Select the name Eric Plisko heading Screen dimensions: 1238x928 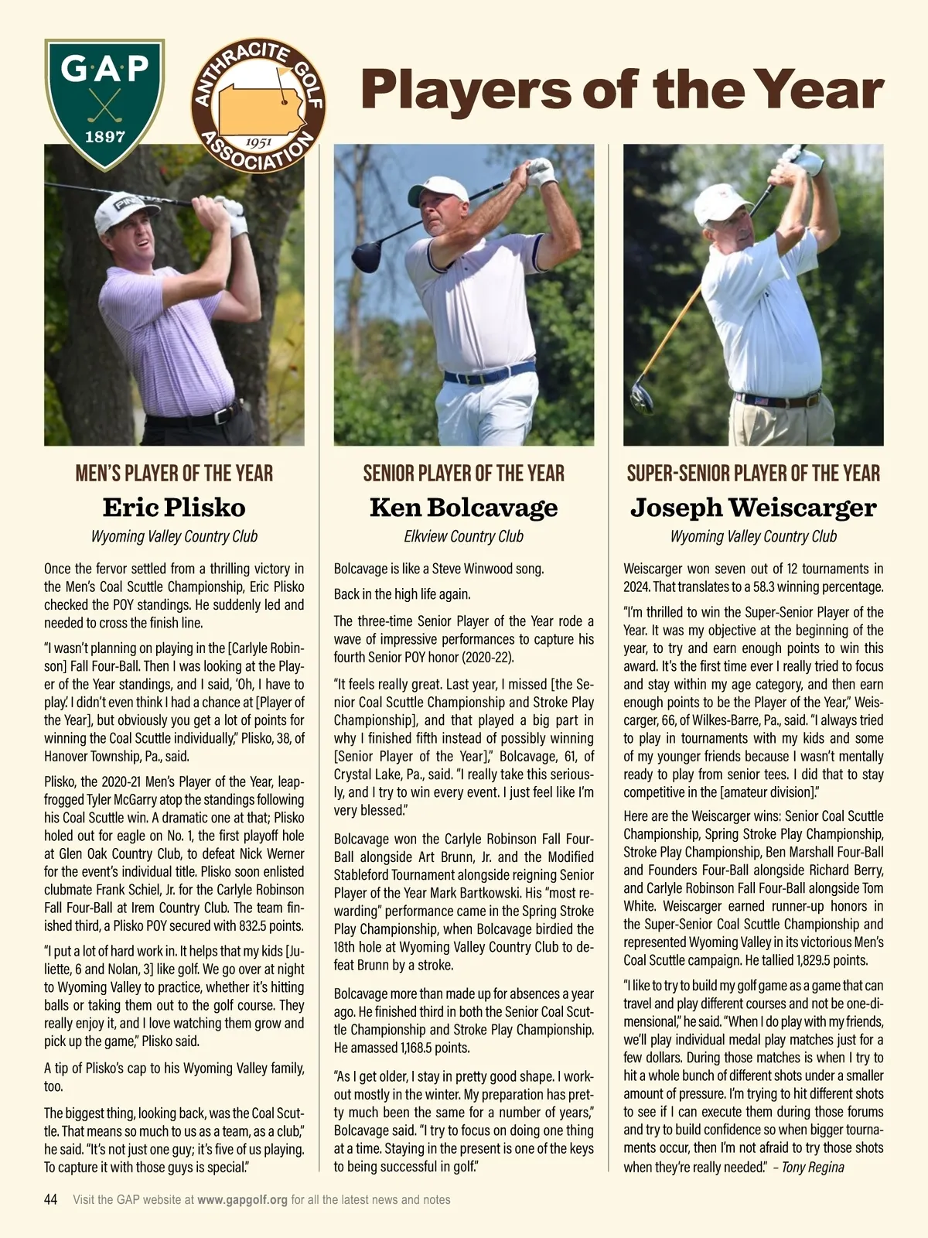tap(174, 508)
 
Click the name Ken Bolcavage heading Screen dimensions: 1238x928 tap(463, 508)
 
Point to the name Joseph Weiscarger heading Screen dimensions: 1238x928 tap(753, 508)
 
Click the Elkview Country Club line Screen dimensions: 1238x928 tap(463, 536)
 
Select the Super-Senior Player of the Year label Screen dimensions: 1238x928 tap(753, 474)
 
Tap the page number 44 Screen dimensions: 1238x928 tap(51, 1200)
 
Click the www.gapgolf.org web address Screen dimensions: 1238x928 tap(242, 1200)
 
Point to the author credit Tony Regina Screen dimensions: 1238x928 tap(813, 1167)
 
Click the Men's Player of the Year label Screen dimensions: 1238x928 tap(174, 474)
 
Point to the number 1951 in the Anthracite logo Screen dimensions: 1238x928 tap(256, 142)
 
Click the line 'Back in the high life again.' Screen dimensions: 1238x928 tap(402, 594)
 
